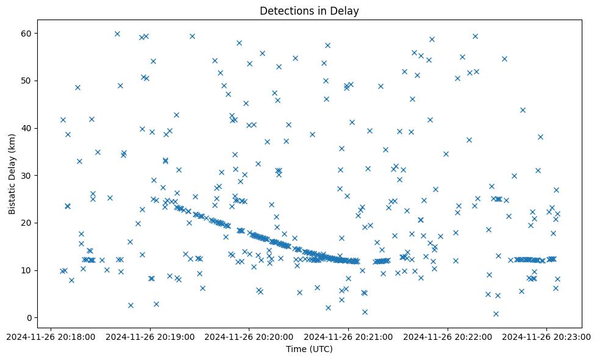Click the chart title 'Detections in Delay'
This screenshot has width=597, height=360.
point(309,10)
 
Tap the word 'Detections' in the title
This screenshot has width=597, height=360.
point(284,10)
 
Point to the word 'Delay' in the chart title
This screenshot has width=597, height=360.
point(345,10)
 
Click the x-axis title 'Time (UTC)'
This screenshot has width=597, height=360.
point(309,349)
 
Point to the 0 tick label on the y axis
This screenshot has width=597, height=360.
point(28,318)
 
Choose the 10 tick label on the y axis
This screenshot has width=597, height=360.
point(26,270)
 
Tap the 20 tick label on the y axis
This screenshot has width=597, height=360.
point(26,223)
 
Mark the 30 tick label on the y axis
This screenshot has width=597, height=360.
point(26,176)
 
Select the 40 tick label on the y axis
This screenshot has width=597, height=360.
point(26,128)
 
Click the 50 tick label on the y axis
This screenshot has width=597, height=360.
point(26,81)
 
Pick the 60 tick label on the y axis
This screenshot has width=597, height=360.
point(26,33)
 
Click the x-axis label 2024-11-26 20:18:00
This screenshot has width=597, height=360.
point(50,336)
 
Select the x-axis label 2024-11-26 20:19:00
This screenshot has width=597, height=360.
point(149,336)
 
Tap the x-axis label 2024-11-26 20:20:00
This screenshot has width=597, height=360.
point(249,336)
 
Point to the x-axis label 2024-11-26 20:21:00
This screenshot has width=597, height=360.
point(348,336)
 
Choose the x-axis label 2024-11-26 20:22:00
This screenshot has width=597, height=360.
point(448,336)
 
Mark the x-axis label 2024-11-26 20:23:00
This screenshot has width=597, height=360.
point(546,336)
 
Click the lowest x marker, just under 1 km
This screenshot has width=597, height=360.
point(496,314)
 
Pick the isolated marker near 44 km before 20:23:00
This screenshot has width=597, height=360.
point(523,110)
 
